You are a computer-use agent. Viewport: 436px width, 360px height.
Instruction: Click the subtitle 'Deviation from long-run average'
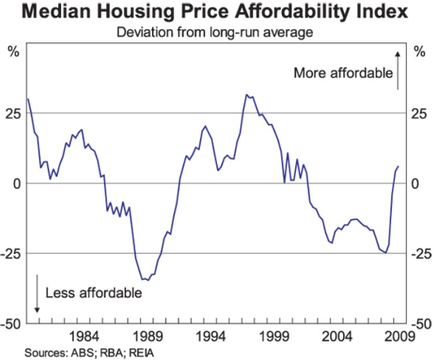[218, 32]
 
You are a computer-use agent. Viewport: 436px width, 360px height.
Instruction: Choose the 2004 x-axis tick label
[337, 334]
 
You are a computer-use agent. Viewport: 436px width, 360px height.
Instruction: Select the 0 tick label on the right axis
[416, 183]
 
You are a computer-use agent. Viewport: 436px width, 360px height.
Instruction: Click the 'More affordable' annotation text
[343, 73]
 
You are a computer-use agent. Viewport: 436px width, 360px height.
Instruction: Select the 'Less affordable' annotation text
[93, 292]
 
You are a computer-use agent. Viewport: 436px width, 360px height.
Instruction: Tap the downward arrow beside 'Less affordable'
[37, 294]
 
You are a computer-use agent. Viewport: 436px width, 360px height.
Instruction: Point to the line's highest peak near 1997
[247, 95]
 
